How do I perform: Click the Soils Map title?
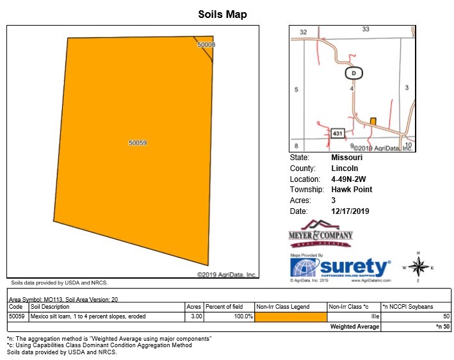pos(222,15)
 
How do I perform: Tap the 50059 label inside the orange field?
pos(138,143)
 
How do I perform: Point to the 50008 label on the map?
pos(206,45)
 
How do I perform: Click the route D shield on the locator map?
pos(353,73)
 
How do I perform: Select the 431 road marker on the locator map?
pos(339,133)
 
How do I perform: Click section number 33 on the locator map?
pos(366,29)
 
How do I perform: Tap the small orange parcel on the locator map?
pos(373,121)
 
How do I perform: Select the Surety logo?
pos(339,268)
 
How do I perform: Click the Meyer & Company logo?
pos(320,234)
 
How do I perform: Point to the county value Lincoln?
pos(345,168)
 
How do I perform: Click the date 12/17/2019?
pos(350,211)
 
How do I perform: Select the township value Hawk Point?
pos(352,190)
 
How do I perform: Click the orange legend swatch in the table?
pos(291,316)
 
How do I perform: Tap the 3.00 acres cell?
pos(194,316)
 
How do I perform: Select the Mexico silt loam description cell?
pos(88,316)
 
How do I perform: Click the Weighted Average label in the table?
pos(355,327)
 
